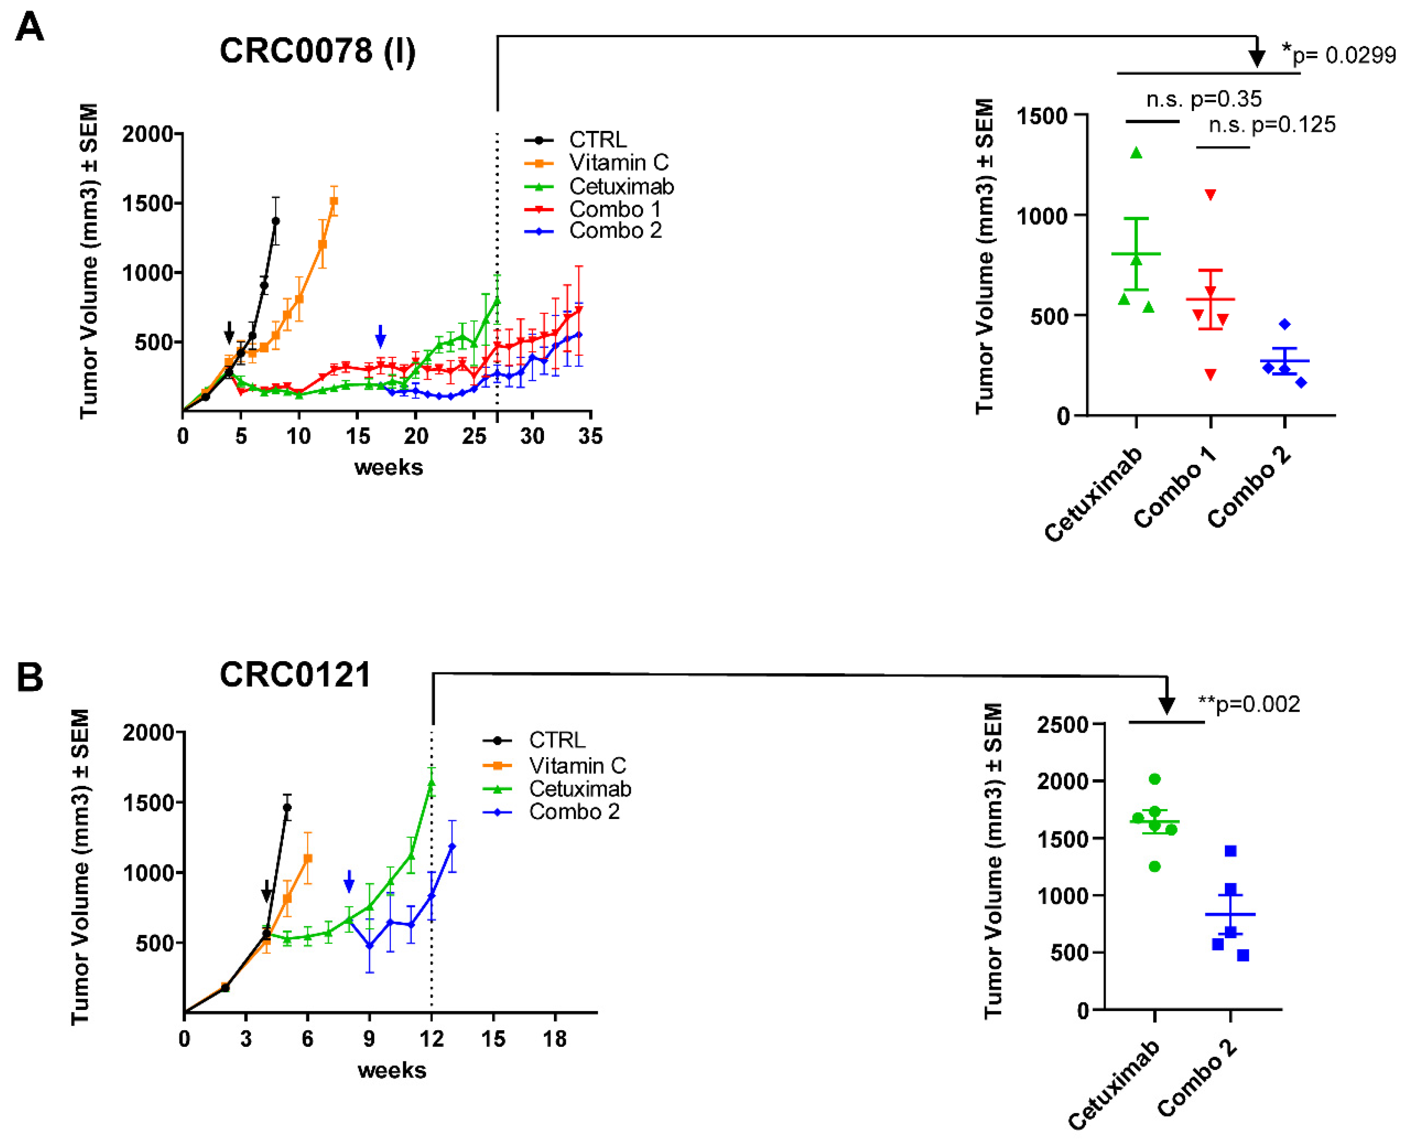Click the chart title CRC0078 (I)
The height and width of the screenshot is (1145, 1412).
tap(318, 51)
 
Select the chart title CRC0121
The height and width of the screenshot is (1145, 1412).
tap(295, 675)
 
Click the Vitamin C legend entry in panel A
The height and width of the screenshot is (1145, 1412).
tap(597, 163)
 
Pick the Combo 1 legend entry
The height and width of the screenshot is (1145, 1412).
tap(593, 210)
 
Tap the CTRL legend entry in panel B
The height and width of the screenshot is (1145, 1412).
tap(534, 740)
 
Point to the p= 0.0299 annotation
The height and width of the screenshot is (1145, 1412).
tap(1338, 55)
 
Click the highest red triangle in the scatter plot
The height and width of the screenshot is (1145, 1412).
tap(1210, 195)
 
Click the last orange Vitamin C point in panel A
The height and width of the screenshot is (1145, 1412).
tap(334, 201)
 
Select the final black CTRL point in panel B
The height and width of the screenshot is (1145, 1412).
tap(287, 807)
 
